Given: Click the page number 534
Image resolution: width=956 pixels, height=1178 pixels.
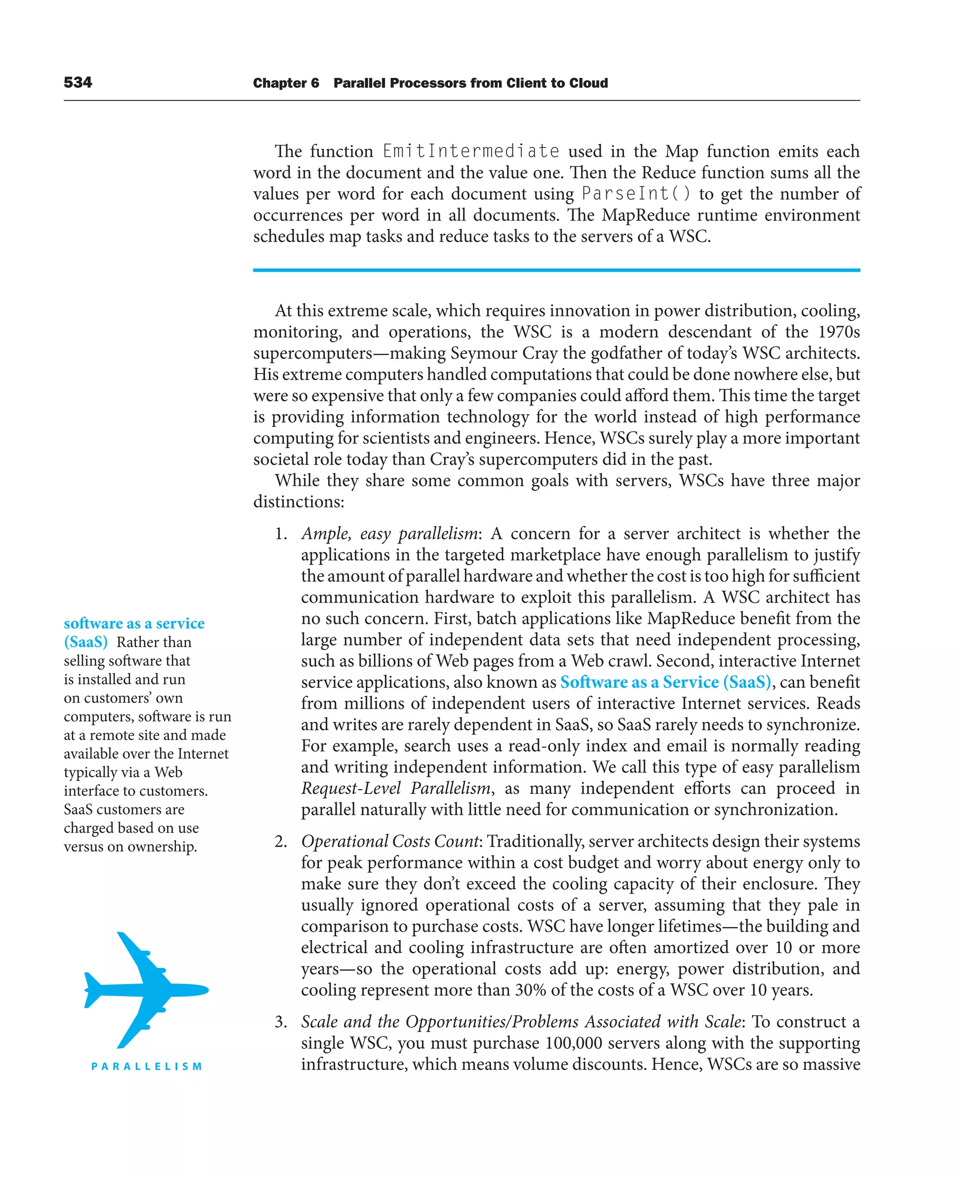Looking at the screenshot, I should (x=77, y=83).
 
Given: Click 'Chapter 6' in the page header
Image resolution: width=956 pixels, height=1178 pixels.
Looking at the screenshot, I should (x=286, y=83).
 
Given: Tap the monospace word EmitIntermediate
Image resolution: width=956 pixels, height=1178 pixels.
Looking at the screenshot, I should (x=471, y=151).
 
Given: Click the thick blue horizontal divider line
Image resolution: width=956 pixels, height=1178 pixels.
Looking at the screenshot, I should (x=556, y=270).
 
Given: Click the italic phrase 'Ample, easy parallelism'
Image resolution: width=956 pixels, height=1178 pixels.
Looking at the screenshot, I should (x=389, y=534).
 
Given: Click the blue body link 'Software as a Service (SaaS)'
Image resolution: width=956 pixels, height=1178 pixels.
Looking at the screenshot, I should (x=665, y=682).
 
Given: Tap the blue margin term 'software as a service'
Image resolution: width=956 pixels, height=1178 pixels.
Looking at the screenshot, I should (x=134, y=624).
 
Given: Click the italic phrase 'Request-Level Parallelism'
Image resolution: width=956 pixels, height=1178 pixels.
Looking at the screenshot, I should (x=395, y=789).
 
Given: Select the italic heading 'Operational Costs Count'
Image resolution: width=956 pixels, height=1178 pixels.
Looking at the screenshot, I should (x=390, y=841).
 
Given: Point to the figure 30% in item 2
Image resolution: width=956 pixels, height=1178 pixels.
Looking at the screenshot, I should (x=530, y=990).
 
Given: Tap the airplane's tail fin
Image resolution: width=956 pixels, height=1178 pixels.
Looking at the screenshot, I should (x=94, y=989).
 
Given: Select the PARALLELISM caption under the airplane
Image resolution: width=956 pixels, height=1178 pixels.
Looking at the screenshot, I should (x=147, y=1066).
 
